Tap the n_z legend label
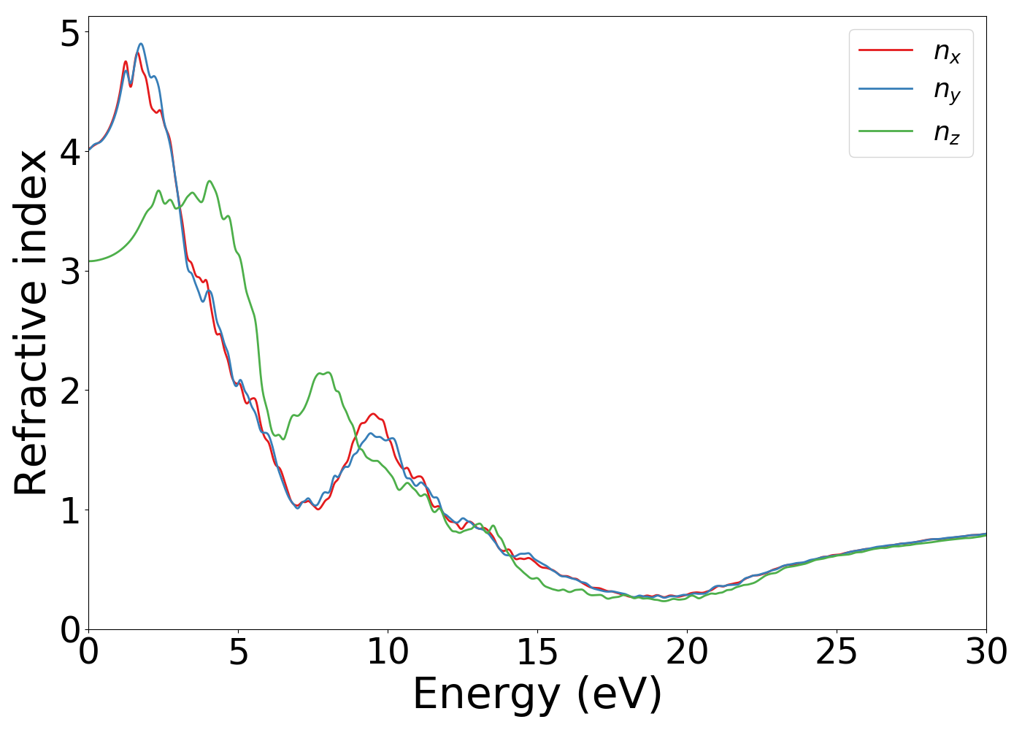pyautogui.click(x=947, y=132)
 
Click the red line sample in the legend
pyautogui.click(x=885, y=50)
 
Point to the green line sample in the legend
pyautogui.click(x=885, y=131)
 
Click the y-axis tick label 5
pyautogui.click(x=69, y=33)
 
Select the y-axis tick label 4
pyautogui.click(x=69, y=152)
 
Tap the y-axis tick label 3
pyautogui.click(x=69, y=271)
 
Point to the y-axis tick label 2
pyautogui.click(x=69, y=391)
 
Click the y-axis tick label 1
pyautogui.click(x=69, y=510)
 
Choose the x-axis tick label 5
pyautogui.click(x=238, y=652)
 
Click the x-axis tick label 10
pyautogui.click(x=388, y=652)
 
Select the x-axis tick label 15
pyautogui.click(x=537, y=652)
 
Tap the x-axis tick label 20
pyautogui.click(x=687, y=652)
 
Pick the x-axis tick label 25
pyautogui.click(x=837, y=652)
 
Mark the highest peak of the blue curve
pyautogui.click(x=141, y=44)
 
